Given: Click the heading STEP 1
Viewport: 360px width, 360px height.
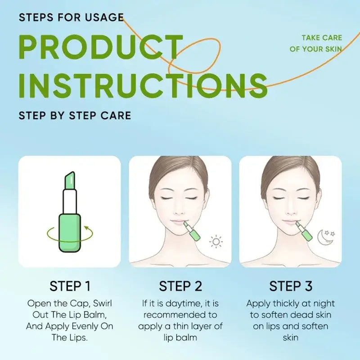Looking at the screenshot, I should tap(70, 286).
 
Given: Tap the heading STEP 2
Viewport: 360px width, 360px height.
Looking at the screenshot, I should tap(180, 286).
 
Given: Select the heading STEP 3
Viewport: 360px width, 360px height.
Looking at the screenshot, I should tap(291, 286).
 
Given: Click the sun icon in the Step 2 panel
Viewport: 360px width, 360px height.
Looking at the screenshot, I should tap(216, 242).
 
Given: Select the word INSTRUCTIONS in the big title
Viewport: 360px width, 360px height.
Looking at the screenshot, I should tap(143, 85).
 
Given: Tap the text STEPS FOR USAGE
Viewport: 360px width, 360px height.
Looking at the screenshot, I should tap(71, 18).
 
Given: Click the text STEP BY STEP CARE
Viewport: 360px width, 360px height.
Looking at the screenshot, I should tap(75, 115).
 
